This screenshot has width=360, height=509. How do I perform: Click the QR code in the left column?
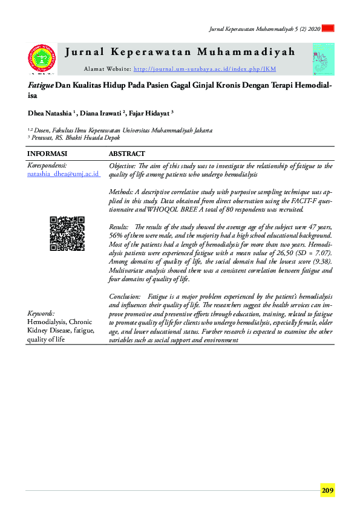67,233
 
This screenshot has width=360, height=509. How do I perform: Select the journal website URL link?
205,70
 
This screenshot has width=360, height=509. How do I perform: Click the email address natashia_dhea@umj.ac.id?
64,173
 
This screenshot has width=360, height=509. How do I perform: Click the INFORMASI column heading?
47,154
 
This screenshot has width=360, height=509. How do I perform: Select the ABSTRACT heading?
127,154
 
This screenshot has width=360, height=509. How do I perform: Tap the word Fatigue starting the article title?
41,86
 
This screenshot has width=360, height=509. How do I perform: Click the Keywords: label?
41,313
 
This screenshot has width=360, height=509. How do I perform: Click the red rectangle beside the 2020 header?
329,28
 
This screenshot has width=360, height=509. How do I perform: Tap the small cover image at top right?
323,59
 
